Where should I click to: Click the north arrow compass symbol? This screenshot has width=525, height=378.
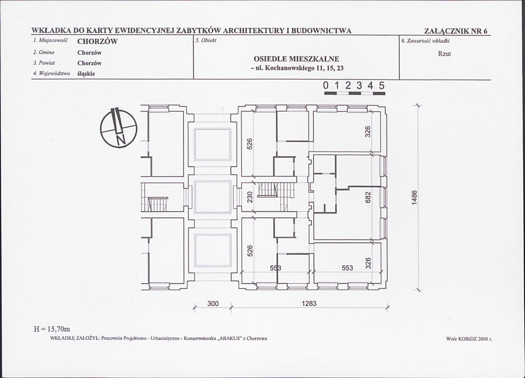[118, 128]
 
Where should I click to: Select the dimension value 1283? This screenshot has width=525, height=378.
[309, 303]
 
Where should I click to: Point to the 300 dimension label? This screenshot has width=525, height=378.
[212, 303]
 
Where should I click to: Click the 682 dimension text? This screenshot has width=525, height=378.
[368, 197]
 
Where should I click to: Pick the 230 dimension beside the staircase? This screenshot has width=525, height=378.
[250, 198]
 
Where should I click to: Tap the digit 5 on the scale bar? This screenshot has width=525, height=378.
[381, 86]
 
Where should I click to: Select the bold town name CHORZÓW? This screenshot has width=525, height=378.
[97, 42]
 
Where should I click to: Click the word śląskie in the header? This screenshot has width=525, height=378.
[86, 74]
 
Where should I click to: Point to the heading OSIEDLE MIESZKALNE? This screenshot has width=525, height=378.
[296, 59]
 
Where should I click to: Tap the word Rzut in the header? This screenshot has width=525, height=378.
[444, 54]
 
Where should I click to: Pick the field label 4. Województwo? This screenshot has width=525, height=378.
[51, 74]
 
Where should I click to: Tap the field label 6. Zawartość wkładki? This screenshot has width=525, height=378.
[426, 41]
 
